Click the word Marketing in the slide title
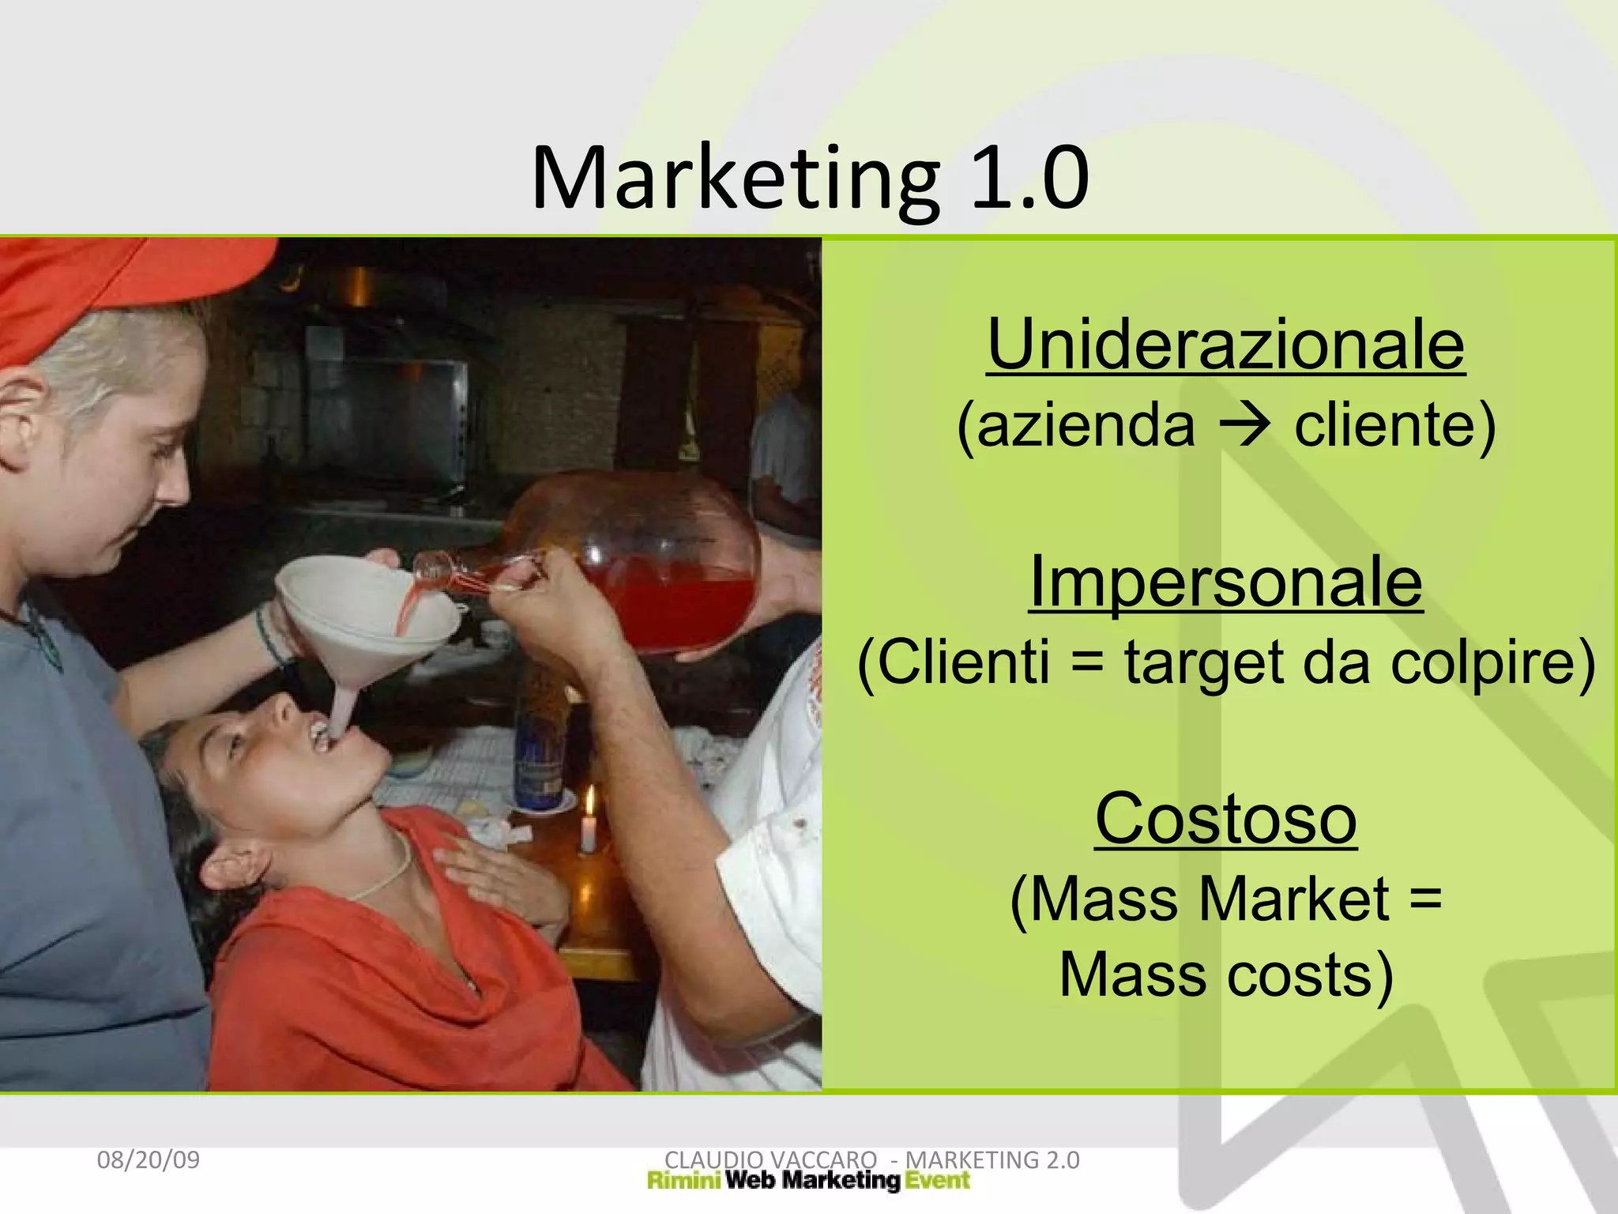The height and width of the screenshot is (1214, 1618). [735, 179]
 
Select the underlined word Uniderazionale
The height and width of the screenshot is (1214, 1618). [1226, 345]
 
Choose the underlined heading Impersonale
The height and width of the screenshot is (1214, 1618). [1226, 582]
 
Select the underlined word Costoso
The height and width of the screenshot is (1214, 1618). [1226, 819]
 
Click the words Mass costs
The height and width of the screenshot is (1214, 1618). [1226, 975]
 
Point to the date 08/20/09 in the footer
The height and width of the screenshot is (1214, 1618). [149, 1159]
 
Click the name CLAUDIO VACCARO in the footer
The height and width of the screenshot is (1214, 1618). [771, 1159]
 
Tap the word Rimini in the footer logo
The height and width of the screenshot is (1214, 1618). [683, 1181]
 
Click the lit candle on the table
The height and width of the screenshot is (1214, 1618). [589, 826]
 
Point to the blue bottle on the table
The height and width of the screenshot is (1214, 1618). [539, 759]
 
